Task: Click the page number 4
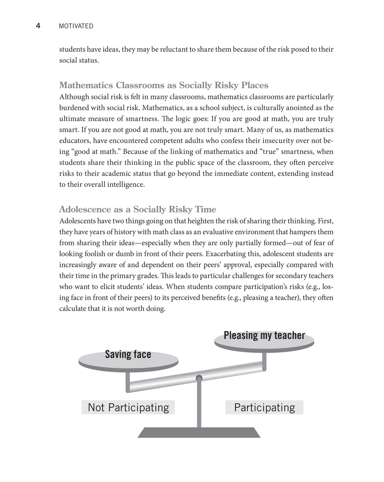pyautogui.click(x=38, y=26)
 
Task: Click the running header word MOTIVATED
pyautogui.click(x=76, y=26)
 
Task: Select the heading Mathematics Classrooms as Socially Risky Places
pyautogui.click(x=164, y=85)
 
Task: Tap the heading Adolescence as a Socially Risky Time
pyautogui.click(x=137, y=209)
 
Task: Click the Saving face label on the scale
pyautogui.click(x=128, y=354)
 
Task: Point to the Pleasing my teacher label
pyautogui.click(x=264, y=336)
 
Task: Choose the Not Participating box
pyautogui.click(x=128, y=407)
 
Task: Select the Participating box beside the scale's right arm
pyautogui.click(x=264, y=407)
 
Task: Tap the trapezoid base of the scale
pyautogui.click(x=199, y=432)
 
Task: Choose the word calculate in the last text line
pyautogui.click(x=73, y=309)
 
